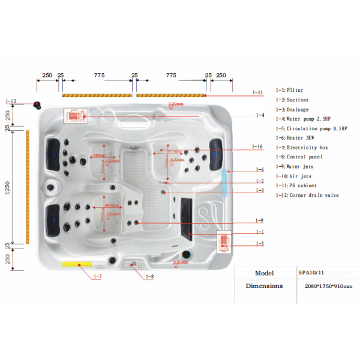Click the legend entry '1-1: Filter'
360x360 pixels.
[x=290, y=90]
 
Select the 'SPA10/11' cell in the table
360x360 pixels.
[x=311, y=272]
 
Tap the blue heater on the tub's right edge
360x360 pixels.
[x=226, y=182]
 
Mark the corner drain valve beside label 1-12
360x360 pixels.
[x=37, y=106]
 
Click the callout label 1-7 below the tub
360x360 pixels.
[x=97, y=277]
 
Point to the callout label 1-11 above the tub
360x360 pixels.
[x=257, y=92]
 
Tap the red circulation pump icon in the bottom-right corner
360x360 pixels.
[x=224, y=241]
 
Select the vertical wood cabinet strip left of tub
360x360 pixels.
[x=27, y=187]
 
